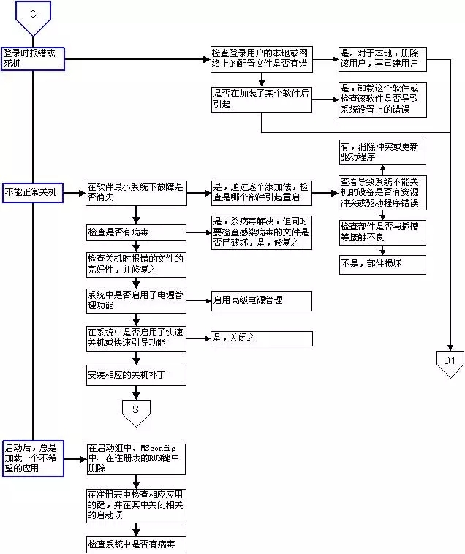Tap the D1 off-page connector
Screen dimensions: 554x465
(x=449, y=361)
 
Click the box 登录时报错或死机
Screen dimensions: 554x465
(x=33, y=59)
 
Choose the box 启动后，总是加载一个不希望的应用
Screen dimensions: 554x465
(x=33, y=458)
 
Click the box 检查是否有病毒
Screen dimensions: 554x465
(x=135, y=232)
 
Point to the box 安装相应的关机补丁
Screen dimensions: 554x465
(x=135, y=375)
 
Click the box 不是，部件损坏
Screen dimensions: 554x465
(x=381, y=263)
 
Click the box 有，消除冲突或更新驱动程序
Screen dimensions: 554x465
(x=381, y=152)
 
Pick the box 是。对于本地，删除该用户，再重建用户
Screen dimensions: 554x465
(x=381, y=59)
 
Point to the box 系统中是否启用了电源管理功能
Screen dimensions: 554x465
(x=135, y=300)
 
